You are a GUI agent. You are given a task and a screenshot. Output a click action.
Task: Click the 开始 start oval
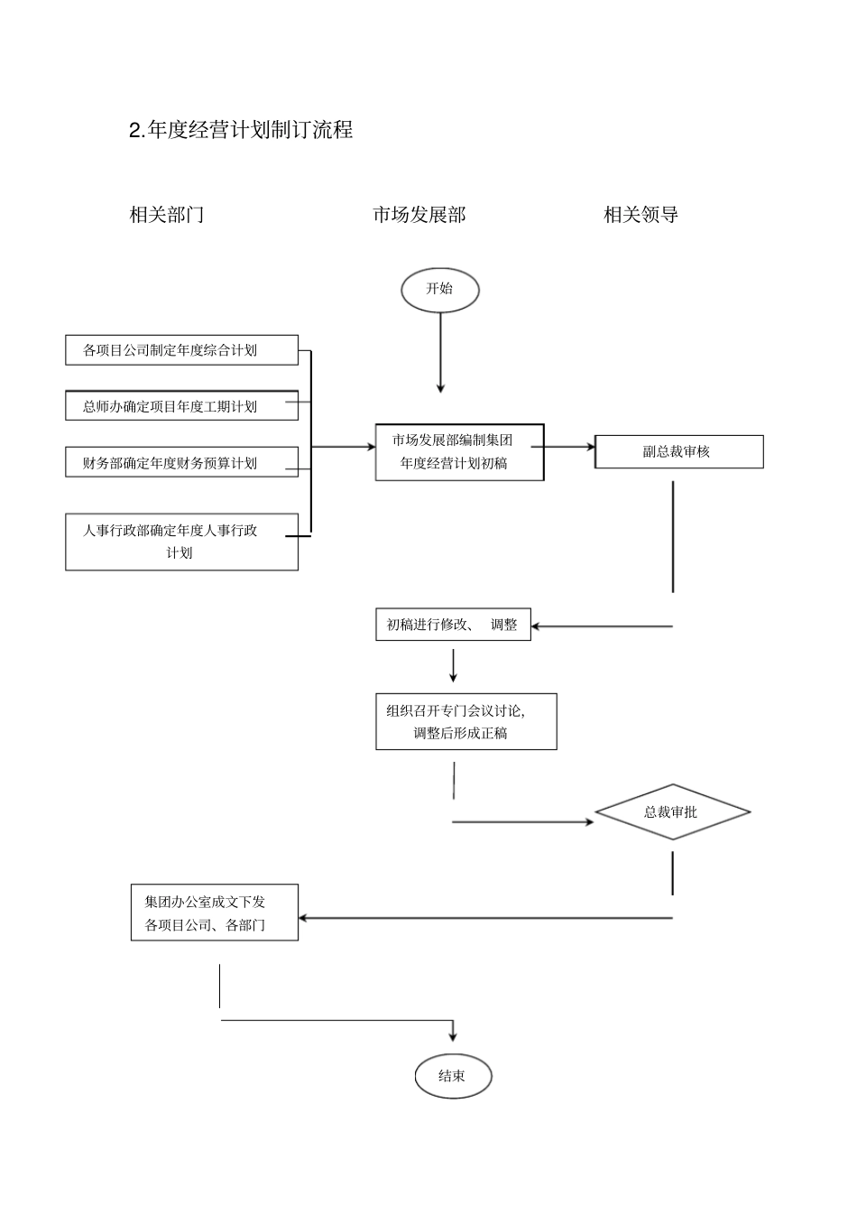pyautogui.click(x=439, y=290)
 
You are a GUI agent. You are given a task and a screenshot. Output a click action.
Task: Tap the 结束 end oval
pyautogui.click(x=452, y=1075)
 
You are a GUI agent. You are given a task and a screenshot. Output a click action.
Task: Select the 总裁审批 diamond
pyautogui.click(x=672, y=811)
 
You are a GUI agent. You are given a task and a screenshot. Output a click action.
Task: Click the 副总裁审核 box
pyautogui.click(x=678, y=451)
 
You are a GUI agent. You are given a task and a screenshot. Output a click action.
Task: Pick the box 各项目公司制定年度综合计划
pyautogui.click(x=181, y=350)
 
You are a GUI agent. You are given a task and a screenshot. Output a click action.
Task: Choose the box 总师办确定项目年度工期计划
pyautogui.click(x=181, y=406)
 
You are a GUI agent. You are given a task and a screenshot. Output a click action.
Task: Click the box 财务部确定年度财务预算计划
pyautogui.click(x=181, y=462)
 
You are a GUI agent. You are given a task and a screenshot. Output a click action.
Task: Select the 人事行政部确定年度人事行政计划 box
pyautogui.click(x=181, y=542)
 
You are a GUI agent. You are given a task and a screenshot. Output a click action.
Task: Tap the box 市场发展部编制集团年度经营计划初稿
pyautogui.click(x=459, y=452)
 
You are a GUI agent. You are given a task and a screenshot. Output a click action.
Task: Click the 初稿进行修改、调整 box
pyautogui.click(x=453, y=625)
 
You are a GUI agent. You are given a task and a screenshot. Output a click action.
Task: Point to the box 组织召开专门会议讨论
pyautogui.click(x=465, y=721)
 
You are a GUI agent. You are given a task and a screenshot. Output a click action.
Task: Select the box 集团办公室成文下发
pyautogui.click(x=214, y=913)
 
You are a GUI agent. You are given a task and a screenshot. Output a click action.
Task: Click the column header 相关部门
pyautogui.click(x=167, y=215)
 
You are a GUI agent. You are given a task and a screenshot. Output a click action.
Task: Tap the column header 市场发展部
pyautogui.click(x=419, y=215)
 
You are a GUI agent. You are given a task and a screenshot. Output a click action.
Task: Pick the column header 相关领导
pyautogui.click(x=640, y=215)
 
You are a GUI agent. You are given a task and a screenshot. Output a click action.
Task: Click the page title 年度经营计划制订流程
pyautogui.click(x=241, y=130)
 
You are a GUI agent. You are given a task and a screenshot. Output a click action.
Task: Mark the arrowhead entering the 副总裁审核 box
pyautogui.click(x=590, y=446)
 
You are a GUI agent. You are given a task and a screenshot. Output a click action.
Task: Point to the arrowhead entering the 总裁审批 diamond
pyautogui.click(x=589, y=822)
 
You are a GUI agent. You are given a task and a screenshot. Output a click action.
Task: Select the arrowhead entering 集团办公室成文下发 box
pyautogui.click(x=304, y=918)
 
